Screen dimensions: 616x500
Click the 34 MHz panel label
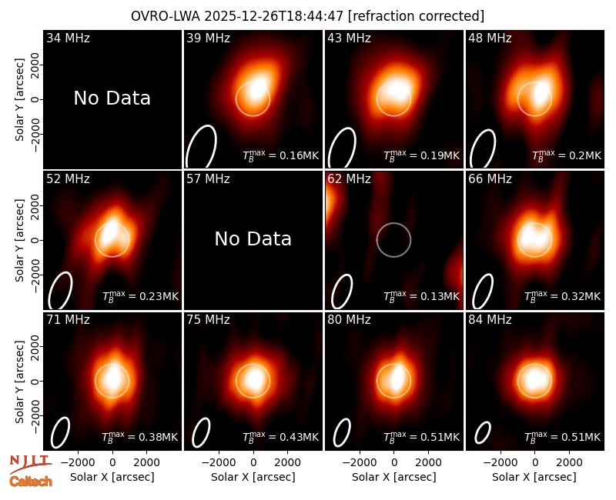tap(68, 38)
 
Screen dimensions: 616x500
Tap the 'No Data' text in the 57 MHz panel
tap(253, 238)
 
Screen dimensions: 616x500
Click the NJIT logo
tap(30, 464)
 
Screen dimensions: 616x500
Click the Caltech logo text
tap(31, 482)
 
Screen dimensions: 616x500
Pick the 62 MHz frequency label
tap(349, 179)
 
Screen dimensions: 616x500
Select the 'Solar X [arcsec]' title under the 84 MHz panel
tap(534, 477)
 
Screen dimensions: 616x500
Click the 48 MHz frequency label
tap(490, 38)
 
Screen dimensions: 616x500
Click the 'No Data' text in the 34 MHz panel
tap(112, 98)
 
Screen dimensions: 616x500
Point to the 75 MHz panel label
tap(208, 320)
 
